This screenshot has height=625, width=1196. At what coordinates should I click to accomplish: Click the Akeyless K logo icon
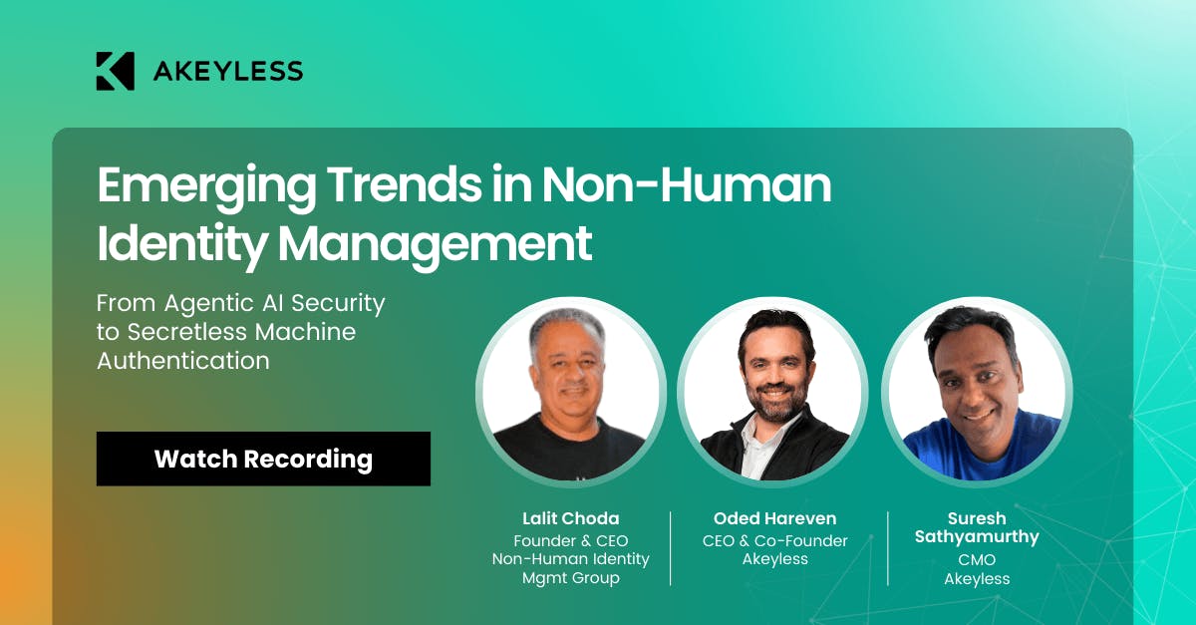[x=115, y=71]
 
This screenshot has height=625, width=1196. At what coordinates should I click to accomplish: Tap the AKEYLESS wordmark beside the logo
[x=228, y=71]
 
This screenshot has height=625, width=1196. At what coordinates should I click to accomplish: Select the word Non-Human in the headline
[x=687, y=184]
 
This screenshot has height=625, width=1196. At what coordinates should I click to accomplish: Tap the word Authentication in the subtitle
[x=183, y=361]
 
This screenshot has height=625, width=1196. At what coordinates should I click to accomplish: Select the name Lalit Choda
[x=571, y=518]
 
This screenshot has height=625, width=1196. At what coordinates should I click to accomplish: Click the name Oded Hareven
[x=774, y=518]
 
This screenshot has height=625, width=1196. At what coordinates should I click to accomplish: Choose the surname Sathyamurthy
[x=977, y=537]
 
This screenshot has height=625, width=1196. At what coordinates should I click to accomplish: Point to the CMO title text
[x=977, y=560]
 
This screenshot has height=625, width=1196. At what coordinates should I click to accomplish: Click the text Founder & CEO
[x=571, y=541]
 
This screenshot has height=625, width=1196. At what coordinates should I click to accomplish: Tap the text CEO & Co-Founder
[x=774, y=541]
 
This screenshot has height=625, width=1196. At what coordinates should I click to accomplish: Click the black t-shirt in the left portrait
[x=569, y=449]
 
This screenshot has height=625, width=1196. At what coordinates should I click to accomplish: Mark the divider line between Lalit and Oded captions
[x=670, y=548]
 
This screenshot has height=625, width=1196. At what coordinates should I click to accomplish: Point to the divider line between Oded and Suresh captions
[x=887, y=548]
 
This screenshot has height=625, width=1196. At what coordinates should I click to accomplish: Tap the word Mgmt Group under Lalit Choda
[x=571, y=578]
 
